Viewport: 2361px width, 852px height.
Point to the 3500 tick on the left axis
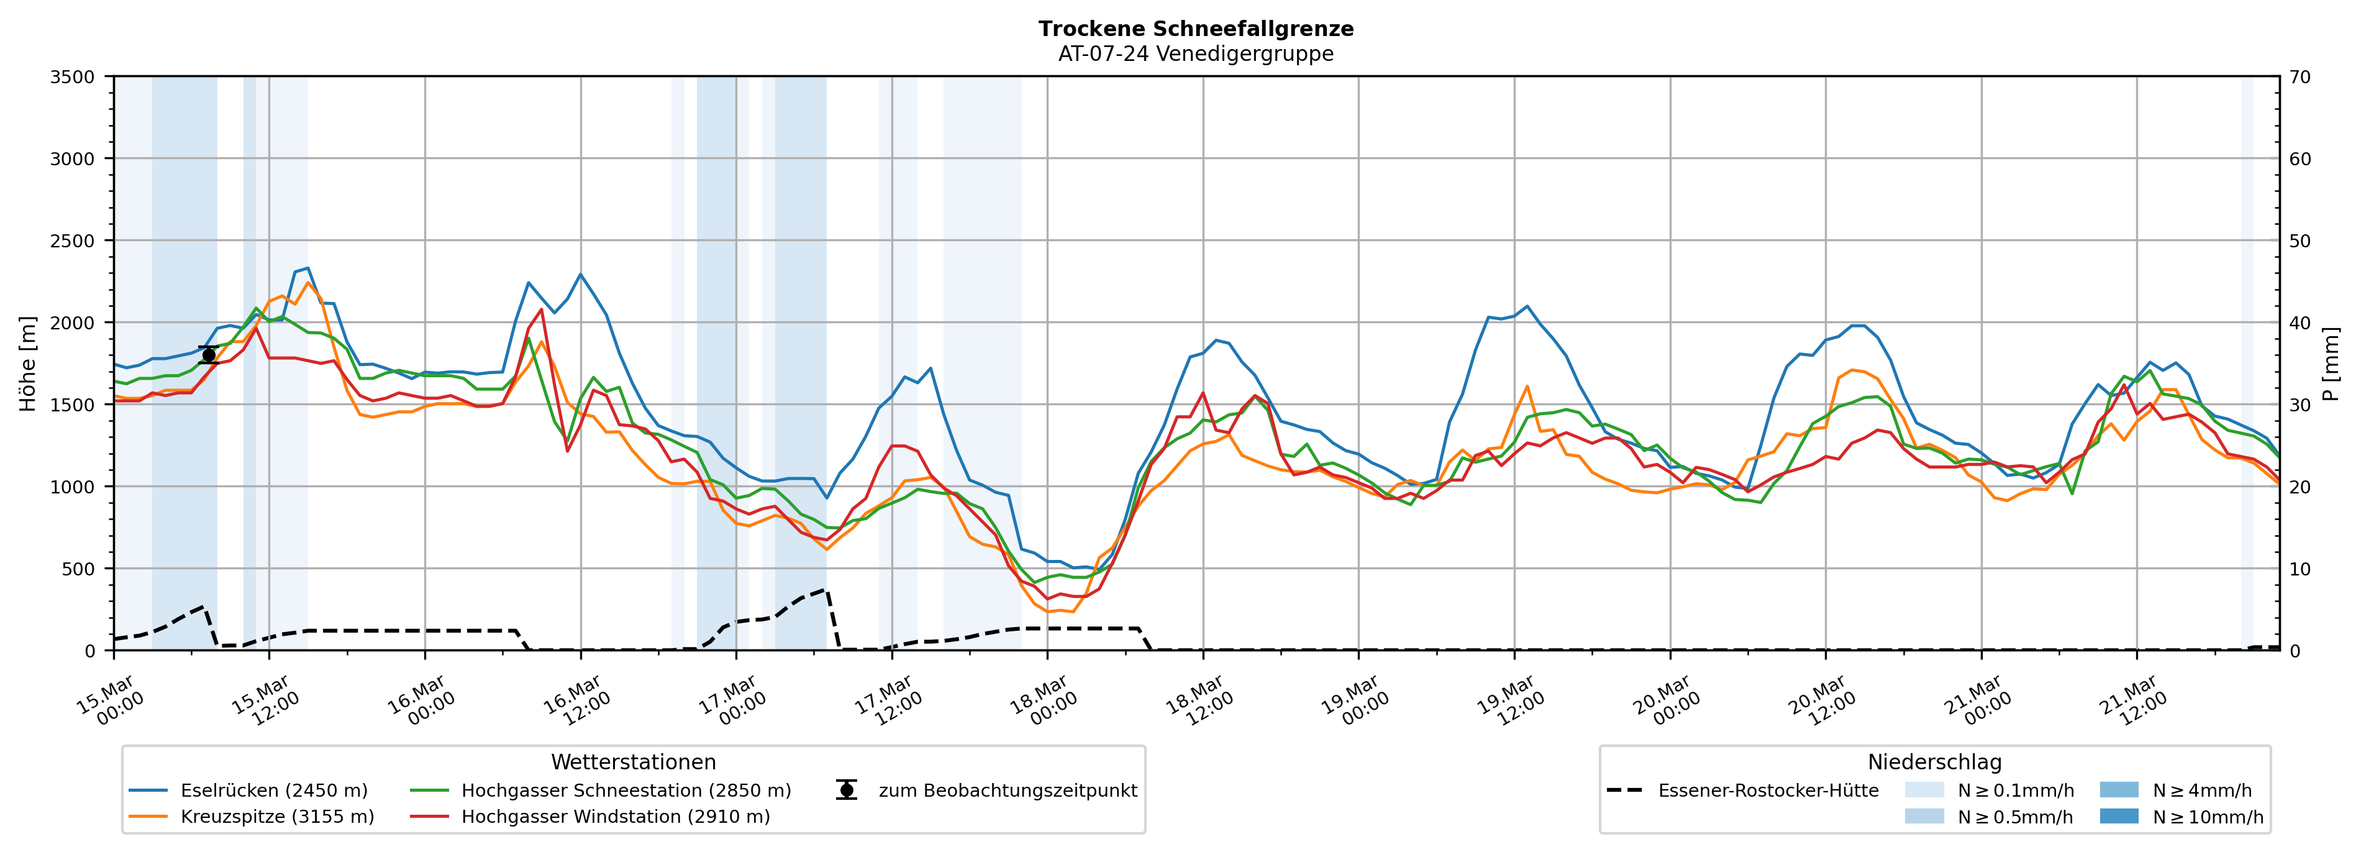click(x=73, y=77)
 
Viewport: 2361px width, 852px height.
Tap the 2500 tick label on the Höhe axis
click(x=73, y=241)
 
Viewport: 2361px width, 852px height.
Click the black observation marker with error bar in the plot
click(x=208, y=355)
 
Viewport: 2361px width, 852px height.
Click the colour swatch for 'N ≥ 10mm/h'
click(x=2118, y=816)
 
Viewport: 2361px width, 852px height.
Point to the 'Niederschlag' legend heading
click(x=1934, y=762)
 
